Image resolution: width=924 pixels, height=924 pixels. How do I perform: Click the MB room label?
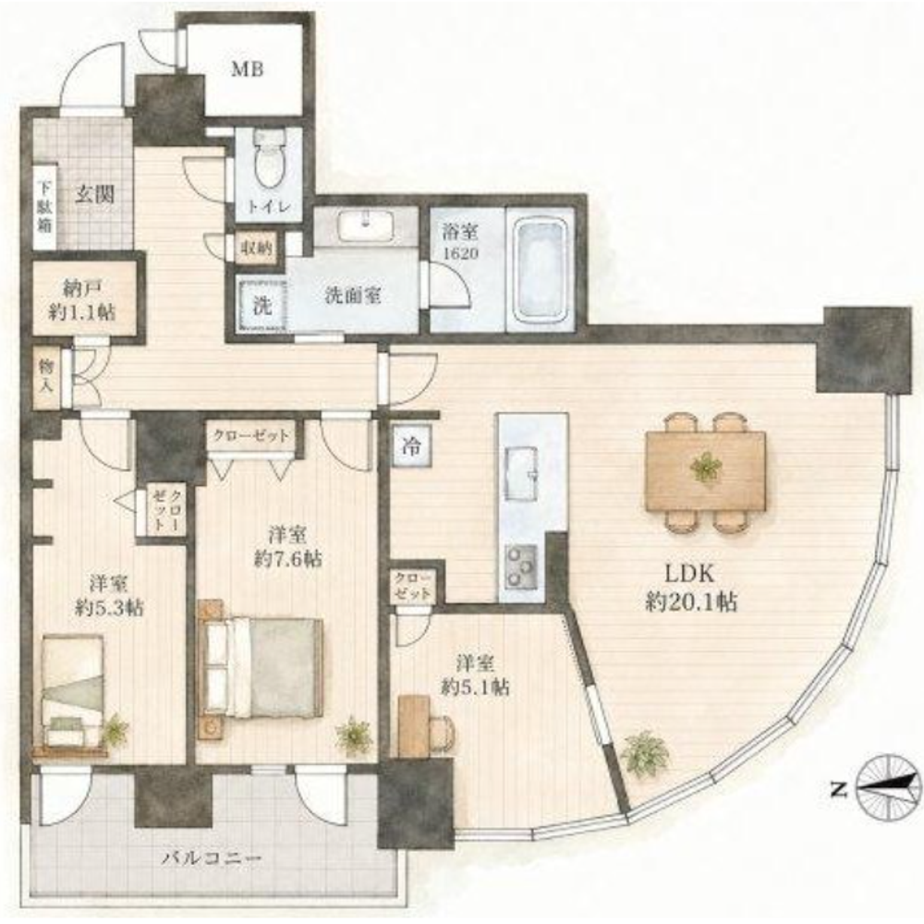click(x=247, y=69)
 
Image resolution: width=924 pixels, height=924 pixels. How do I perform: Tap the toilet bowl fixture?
click(x=269, y=158)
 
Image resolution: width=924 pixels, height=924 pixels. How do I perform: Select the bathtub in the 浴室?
click(x=541, y=272)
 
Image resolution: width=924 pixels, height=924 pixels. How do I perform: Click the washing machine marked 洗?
click(x=262, y=306)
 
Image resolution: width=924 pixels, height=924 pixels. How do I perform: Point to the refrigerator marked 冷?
click(x=411, y=446)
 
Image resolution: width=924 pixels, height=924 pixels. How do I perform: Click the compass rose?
click(x=890, y=789)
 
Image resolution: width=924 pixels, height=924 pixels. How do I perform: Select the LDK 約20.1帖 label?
click(x=690, y=587)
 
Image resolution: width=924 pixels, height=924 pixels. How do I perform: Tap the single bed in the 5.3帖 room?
click(x=73, y=692)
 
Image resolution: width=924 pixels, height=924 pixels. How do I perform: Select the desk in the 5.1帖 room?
click(x=414, y=725)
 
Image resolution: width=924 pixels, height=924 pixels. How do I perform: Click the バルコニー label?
click(x=211, y=858)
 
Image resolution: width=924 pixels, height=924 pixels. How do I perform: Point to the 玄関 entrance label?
click(x=94, y=194)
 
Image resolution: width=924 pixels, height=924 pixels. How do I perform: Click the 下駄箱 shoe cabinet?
click(x=44, y=206)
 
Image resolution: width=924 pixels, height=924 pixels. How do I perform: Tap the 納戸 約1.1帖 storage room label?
click(x=82, y=300)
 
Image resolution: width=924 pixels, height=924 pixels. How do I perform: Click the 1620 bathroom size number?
click(x=460, y=253)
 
